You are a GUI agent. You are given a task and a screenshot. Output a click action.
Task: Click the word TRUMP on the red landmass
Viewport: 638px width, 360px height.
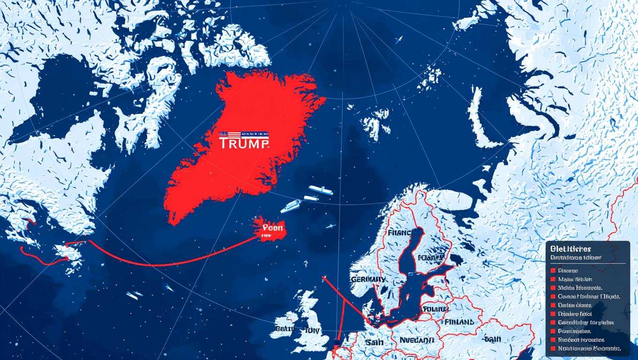click(x=244, y=143)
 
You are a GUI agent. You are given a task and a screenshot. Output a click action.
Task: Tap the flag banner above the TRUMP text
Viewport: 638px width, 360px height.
click(x=243, y=134)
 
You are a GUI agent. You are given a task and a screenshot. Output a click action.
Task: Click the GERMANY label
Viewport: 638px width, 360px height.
click(x=368, y=279)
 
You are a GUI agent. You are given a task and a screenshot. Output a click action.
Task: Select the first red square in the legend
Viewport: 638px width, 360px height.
click(x=554, y=271)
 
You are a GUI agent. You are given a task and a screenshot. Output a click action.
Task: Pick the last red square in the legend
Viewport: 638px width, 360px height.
click(x=554, y=348)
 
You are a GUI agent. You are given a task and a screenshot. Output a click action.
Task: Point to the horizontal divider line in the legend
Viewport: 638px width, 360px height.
click(x=588, y=263)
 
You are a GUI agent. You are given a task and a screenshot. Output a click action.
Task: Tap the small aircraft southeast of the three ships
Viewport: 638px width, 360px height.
click(x=331, y=226)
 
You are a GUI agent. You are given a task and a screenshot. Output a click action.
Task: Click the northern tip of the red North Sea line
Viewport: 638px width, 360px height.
click(x=323, y=278)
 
